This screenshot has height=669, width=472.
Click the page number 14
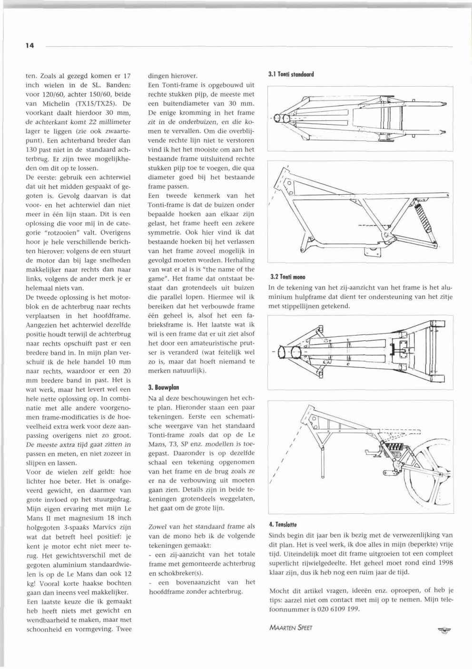pos(30,46)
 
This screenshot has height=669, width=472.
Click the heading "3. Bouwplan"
pos(163,387)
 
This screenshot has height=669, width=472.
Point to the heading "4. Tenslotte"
pos(283,524)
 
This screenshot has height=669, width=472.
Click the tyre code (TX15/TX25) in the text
pos(108,103)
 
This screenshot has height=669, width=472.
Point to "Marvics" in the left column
pos(103,527)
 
